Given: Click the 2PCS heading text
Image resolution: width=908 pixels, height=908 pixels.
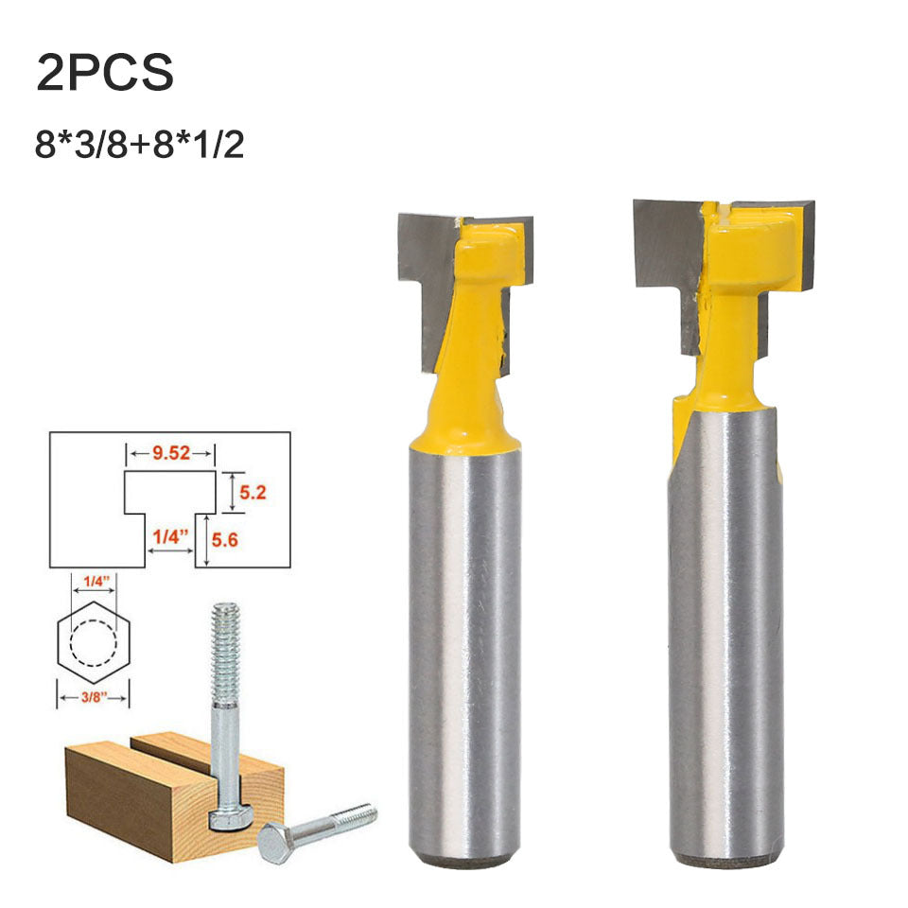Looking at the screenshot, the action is coord(105,73).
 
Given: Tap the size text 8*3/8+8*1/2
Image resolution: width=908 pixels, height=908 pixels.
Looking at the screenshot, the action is coord(140,145).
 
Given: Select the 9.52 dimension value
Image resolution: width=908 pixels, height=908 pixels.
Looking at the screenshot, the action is coord(171,453).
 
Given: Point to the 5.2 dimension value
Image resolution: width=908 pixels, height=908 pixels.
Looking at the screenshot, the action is coord(253,493).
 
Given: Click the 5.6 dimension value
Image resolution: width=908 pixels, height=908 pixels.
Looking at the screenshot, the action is coord(225,540).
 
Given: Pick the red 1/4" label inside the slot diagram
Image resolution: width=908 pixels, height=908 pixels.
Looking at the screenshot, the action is coord(170,537).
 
